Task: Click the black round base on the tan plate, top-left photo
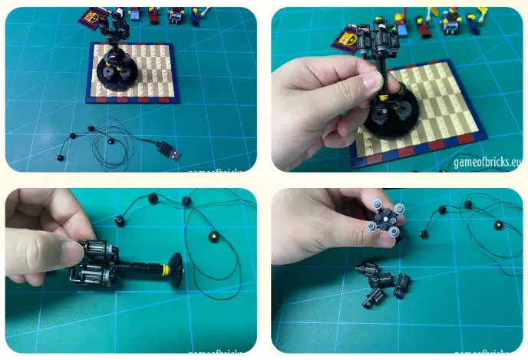pos(119,78)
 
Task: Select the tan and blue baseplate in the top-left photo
pos(135,73)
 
